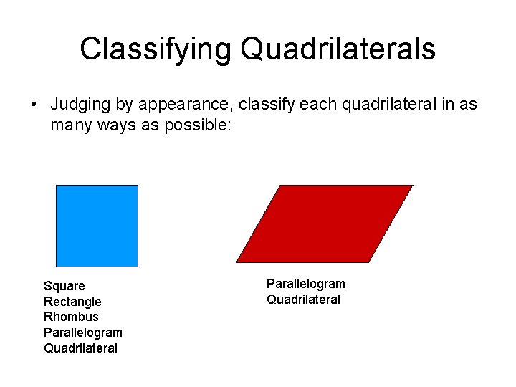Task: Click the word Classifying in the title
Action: point(156,49)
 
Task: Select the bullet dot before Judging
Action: point(34,105)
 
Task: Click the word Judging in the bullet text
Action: point(78,105)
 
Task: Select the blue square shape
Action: point(97,226)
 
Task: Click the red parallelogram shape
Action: point(325,224)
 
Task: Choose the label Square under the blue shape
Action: point(64,286)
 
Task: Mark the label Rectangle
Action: point(72,302)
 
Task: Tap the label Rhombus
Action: point(71,317)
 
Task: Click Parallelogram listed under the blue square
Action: point(82,333)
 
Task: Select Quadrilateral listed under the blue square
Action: point(80,348)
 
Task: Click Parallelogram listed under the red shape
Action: point(305,284)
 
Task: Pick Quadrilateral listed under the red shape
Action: point(303,300)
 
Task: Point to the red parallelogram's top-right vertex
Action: point(413,186)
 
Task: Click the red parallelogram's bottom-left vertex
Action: point(237,262)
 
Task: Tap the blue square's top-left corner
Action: point(57,186)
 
